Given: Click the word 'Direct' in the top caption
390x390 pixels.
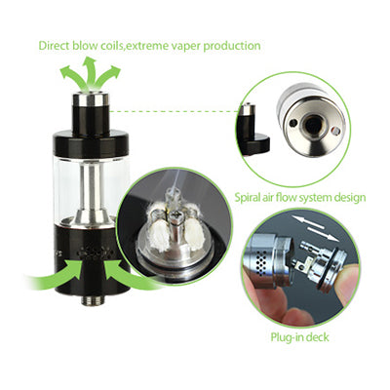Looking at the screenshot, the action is click(54, 46).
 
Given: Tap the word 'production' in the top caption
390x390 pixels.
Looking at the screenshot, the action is click(232, 46).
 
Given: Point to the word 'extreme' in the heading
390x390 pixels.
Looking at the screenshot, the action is click(145, 46).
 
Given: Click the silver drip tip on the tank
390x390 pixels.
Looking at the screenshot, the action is click(90, 98).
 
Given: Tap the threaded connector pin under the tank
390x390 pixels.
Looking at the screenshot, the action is click(91, 300).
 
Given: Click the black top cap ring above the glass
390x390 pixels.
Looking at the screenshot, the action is click(92, 142).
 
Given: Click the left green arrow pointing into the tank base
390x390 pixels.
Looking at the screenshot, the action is click(56, 275).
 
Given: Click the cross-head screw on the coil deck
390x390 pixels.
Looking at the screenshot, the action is click(177, 215).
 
